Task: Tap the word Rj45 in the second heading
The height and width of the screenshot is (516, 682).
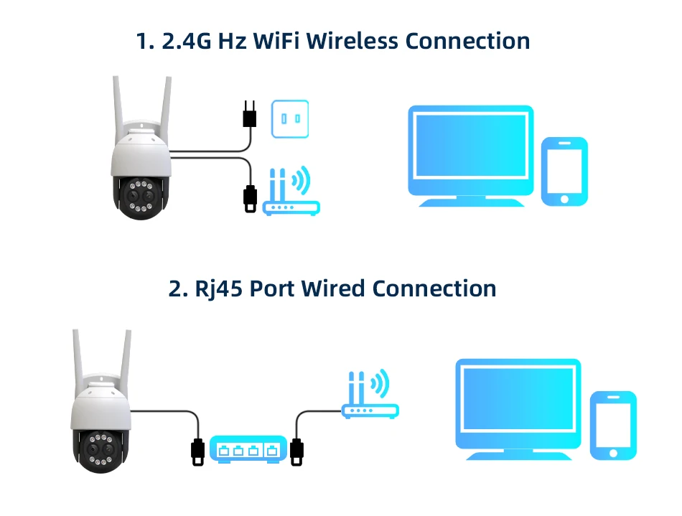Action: pyautogui.click(x=219, y=289)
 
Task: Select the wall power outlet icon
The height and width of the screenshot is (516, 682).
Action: pyautogui.click(x=289, y=118)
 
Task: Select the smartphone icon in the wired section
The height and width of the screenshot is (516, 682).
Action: pyautogui.click(x=613, y=426)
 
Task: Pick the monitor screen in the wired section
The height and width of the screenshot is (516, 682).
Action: pyautogui.click(x=518, y=405)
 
